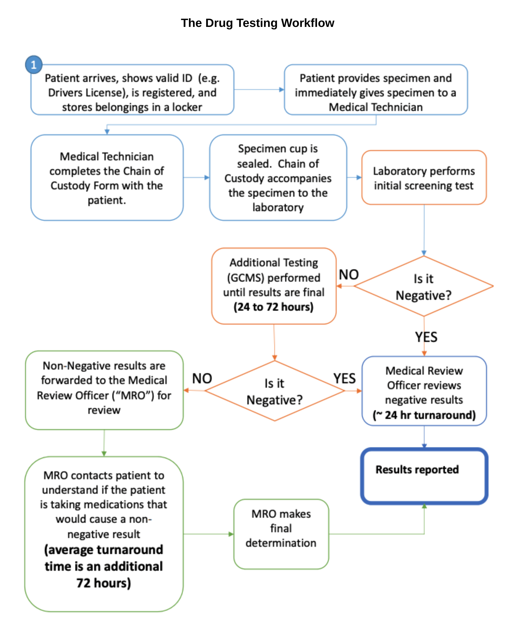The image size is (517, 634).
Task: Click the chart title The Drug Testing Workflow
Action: click(x=257, y=23)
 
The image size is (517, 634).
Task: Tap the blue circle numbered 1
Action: click(x=34, y=65)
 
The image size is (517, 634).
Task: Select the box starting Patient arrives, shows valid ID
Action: click(x=132, y=92)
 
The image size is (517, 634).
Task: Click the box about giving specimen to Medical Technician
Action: click(x=376, y=92)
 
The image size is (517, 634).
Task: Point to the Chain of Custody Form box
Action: click(x=107, y=178)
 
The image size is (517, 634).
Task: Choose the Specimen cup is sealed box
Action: click(x=278, y=178)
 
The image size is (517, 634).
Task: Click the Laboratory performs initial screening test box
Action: click(x=423, y=178)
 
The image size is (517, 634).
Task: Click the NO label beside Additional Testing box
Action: click(x=349, y=275)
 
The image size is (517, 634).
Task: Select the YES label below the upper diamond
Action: click(x=426, y=337)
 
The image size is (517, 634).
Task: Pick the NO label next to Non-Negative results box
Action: click(x=202, y=379)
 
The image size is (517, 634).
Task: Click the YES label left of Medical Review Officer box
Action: click(x=344, y=379)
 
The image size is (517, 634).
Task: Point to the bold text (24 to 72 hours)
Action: click(x=273, y=307)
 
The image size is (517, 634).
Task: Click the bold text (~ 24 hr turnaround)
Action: click(x=424, y=415)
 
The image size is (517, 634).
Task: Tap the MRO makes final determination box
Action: click(x=281, y=529)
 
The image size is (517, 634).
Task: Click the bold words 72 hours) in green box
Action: click(x=104, y=583)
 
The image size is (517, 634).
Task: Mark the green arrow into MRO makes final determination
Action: click(x=209, y=534)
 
